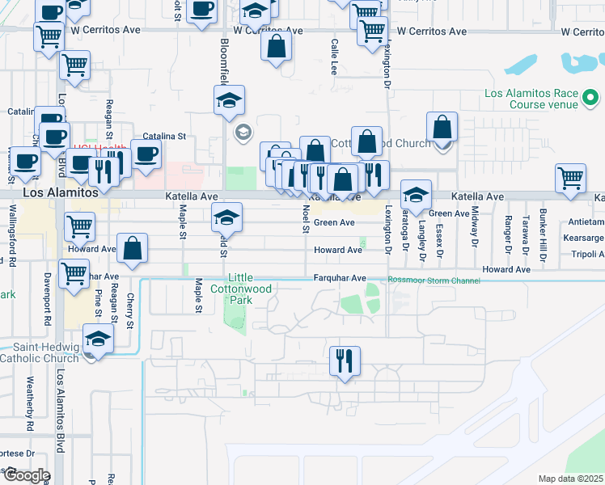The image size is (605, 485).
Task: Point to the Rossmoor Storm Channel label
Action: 434,280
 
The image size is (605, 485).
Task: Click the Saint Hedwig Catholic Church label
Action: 40,352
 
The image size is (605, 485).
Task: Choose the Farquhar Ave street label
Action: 340,278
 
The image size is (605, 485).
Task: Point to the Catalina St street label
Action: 164,137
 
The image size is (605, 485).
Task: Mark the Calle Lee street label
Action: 333,57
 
